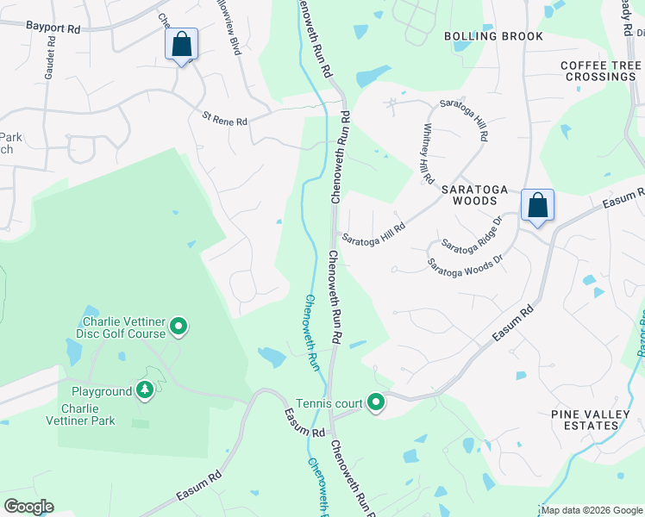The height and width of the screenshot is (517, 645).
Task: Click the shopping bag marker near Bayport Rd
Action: point(182,44)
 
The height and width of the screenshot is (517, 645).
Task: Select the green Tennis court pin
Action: point(376,402)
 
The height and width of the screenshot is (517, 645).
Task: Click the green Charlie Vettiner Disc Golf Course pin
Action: point(178,326)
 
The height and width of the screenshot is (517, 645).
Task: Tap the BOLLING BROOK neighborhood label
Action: point(493,36)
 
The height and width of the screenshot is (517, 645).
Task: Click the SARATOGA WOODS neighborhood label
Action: point(470,195)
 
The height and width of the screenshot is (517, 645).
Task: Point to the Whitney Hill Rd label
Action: point(427,153)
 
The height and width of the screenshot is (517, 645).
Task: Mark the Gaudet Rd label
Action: point(50,65)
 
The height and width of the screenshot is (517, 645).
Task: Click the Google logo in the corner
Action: point(28,507)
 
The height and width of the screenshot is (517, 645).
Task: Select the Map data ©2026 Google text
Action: point(592,511)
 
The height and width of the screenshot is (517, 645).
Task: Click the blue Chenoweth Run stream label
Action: point(314,333)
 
